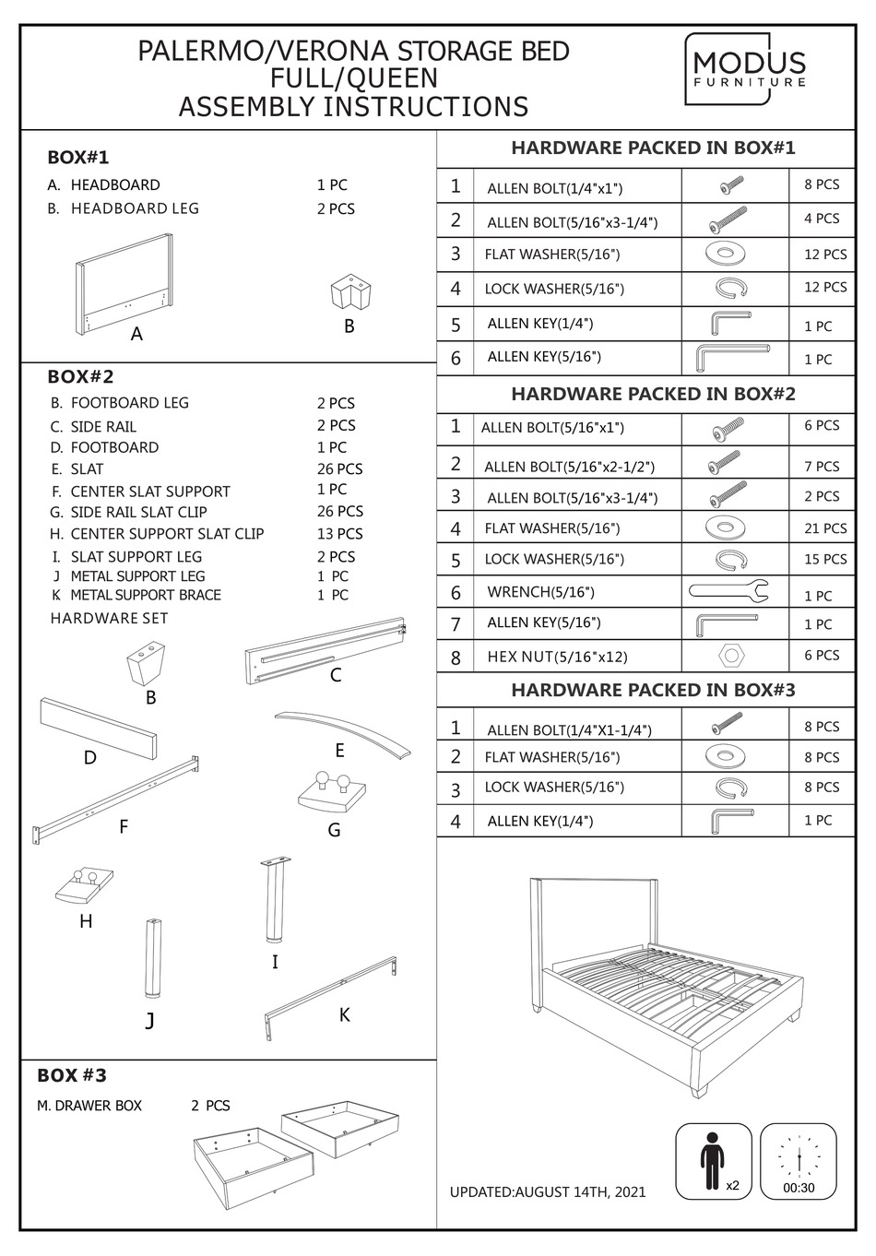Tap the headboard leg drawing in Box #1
pos(349,293)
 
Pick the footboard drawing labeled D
pos(98,726)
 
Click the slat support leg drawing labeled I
pos(274,900)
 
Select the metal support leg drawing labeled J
pos(151,958)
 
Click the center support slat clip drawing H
pos(85,884)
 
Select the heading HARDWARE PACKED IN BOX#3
pos(653,690)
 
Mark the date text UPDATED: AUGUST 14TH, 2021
pos(547,1191)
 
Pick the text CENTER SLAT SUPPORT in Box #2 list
pos(150,492)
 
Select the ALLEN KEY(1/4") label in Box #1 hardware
pos(539,324)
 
